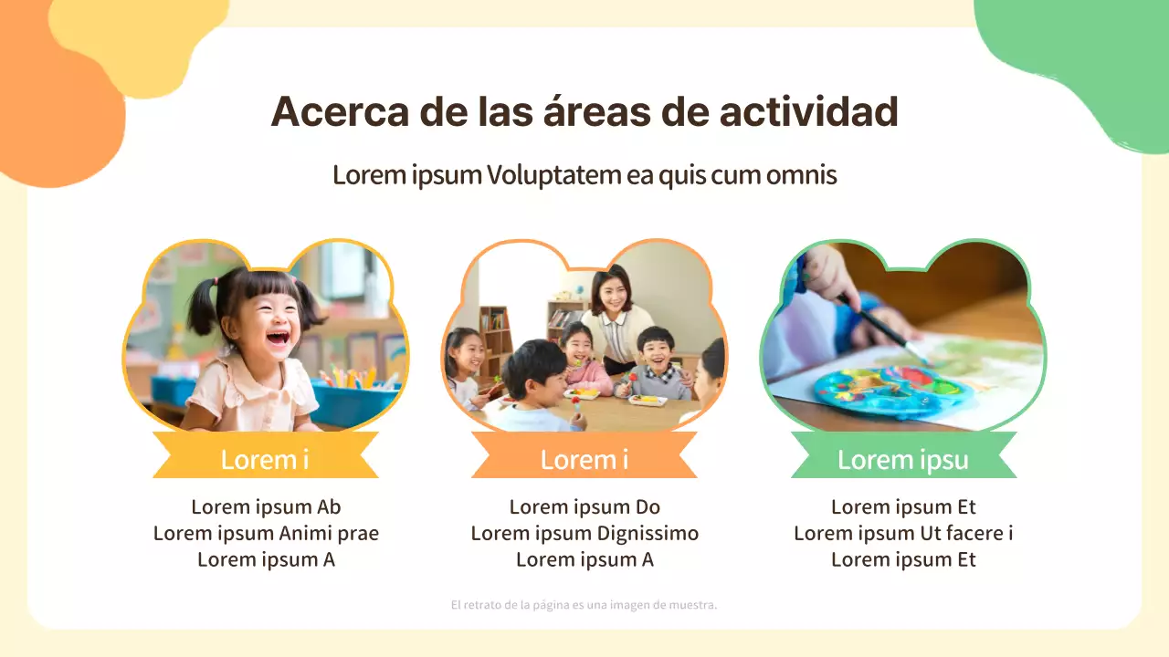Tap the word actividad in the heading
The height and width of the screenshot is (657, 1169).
tap(808, 112)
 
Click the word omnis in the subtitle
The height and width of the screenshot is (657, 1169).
tap(801, 174)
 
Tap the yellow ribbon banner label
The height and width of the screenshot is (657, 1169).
tap(265, 459)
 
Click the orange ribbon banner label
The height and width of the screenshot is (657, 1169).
tap(584, 459)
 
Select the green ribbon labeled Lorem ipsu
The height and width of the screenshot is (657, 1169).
tap(902, 459)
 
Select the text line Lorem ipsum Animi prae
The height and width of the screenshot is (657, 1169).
tap(266, 534)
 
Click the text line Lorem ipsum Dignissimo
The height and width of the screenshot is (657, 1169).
tap(584, 534)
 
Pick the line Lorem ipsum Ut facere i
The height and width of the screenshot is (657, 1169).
tap(903, 534)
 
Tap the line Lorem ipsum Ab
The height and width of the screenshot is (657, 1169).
tap(266, 507)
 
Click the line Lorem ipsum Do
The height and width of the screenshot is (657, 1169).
tap(584, 507)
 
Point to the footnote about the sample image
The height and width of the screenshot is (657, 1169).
tap(584, 605)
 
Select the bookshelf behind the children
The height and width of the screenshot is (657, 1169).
tap(496, 338)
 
